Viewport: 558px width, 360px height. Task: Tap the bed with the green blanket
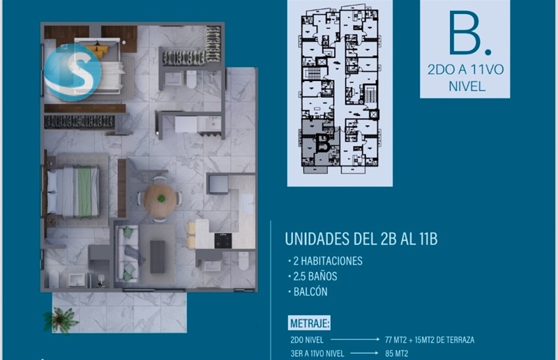point(74,192)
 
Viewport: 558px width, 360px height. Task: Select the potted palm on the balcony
point(61,320)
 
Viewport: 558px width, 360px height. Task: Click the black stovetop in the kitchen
point(223,241)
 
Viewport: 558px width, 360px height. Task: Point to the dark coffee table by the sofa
point(158,257)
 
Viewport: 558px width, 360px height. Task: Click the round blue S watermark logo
point(73,72)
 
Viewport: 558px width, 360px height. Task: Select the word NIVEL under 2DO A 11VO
point(467,87)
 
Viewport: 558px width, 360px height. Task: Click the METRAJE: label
point(310,323)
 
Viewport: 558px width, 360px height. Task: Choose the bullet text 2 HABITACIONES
point(328,261)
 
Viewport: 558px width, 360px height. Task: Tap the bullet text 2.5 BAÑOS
point(315,276)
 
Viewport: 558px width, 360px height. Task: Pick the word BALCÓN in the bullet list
point(310,292)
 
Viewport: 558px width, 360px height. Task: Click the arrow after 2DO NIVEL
point(355,339)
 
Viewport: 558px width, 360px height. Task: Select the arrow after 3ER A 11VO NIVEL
point(364,353)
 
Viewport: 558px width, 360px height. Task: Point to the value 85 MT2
point(396,354)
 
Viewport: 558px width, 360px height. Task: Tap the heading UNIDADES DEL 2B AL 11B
point(361,239)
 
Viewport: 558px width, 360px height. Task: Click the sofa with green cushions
point(127,253)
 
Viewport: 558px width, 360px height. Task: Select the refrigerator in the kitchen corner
point(218,184)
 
